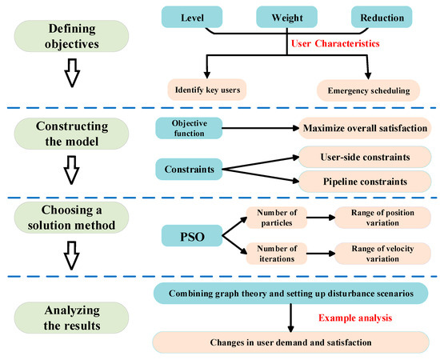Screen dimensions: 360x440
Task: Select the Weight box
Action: point(286,17)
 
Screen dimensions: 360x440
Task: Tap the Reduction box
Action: point(382,17)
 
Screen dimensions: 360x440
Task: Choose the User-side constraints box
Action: point(364,156)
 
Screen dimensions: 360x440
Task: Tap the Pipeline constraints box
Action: point(364,182)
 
